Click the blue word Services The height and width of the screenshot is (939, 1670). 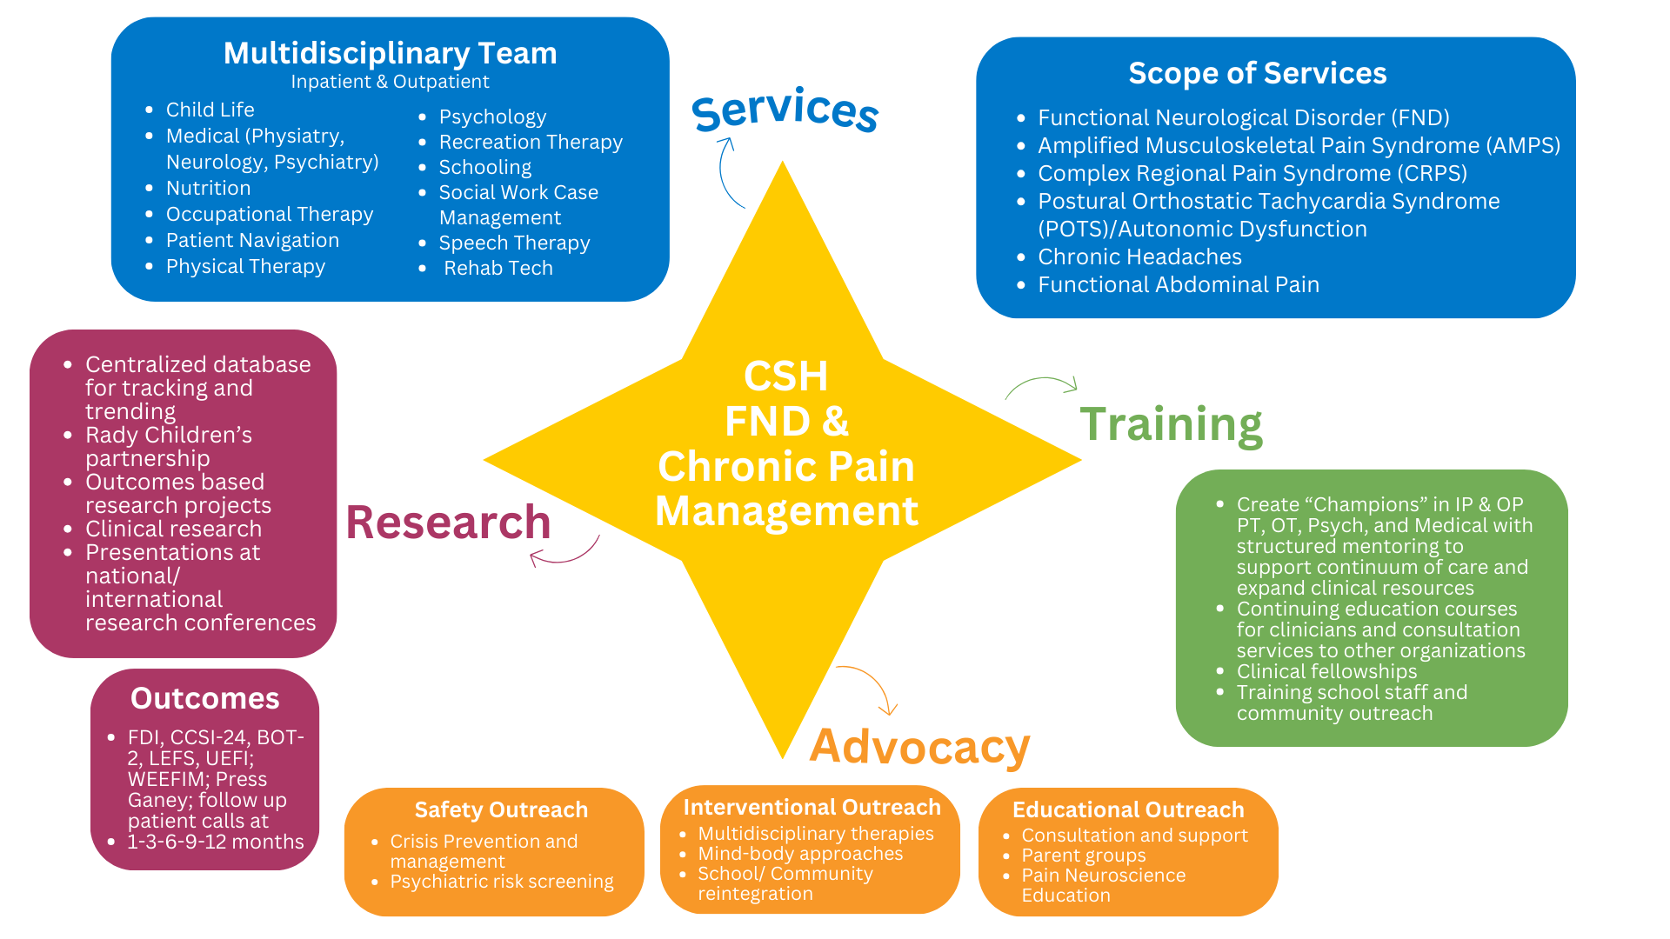pos(785,110)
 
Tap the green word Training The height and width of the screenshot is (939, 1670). pos(1171,424)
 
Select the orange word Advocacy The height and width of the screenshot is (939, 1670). pos(919,746)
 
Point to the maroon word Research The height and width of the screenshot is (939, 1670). pos(448,523)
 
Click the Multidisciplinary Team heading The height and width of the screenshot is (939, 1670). pos(390,54)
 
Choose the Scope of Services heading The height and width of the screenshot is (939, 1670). pos(1257,74)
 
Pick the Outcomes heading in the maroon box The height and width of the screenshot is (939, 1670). pos(204,698)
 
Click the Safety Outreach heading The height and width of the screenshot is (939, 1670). pos(501,809)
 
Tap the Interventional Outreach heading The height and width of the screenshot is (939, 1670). pos(812,807)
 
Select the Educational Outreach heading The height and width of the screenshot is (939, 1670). pos(1128,809)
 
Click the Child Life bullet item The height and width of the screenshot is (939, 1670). pos(210,110)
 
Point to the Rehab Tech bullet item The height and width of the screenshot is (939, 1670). pos(498,269)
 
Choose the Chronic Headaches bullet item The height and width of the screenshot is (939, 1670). pos(1139,257)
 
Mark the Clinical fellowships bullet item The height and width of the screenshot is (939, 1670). pos(1326,671)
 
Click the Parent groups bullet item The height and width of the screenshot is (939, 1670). pos(1083,856)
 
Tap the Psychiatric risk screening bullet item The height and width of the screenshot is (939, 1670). pos(501,882)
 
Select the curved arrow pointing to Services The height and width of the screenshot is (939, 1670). pos(728,171)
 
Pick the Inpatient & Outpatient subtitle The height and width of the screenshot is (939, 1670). pos(390,82)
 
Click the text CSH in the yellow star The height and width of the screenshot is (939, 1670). pos(785,376)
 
